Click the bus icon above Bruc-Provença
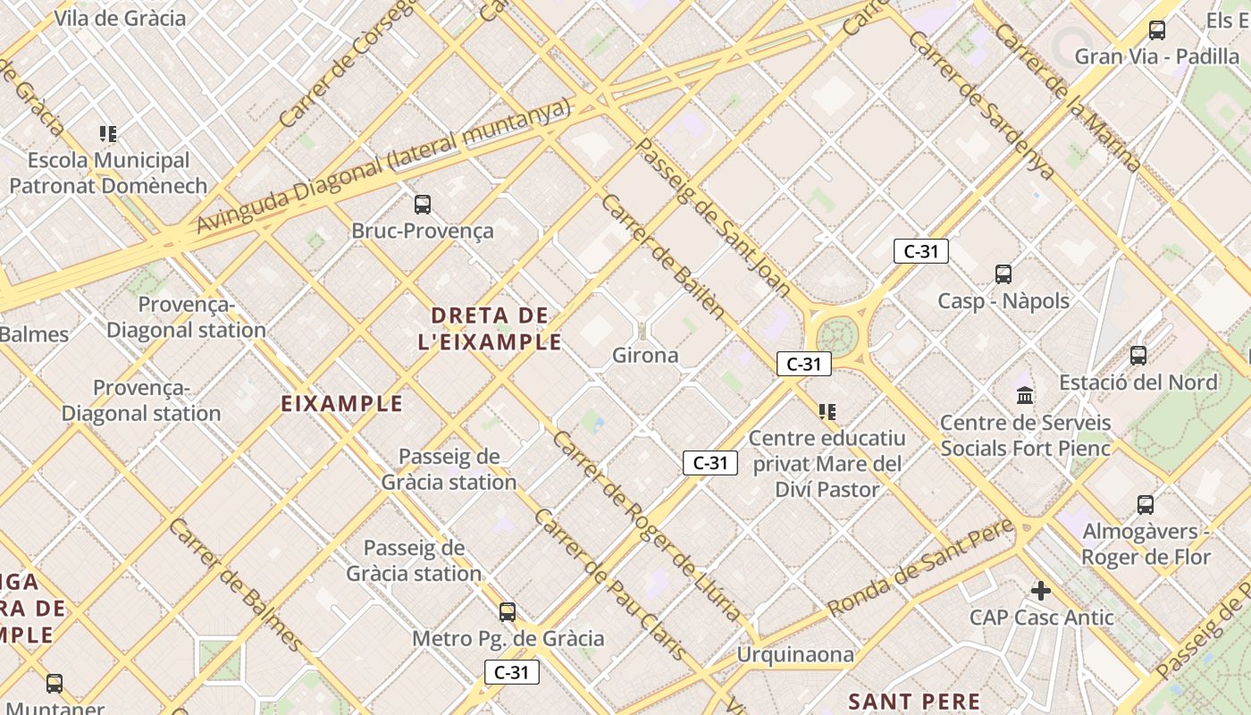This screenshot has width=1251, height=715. [423, 205]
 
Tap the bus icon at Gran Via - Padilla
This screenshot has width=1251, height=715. [1157, 30]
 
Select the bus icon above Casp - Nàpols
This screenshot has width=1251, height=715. [1003, 274]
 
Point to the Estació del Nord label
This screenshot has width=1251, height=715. [1138, 383]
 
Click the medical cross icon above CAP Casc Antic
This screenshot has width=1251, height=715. [1041, 591]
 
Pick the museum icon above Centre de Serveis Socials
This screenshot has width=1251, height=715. [1025, 395]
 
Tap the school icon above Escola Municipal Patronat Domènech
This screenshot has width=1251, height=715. [108, 135]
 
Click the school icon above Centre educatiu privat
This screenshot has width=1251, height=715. [827, 412]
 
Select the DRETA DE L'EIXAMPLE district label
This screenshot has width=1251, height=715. [490, 328]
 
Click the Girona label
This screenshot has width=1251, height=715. [645, 356]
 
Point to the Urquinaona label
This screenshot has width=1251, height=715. [795, 655]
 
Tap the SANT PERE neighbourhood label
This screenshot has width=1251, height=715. [914, 701]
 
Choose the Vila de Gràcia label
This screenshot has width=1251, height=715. [120, 18]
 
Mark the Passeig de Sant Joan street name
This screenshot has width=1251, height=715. [713, 218]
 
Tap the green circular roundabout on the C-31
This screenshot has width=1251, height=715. [837, 335]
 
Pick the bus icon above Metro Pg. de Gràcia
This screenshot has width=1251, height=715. [508, 612]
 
